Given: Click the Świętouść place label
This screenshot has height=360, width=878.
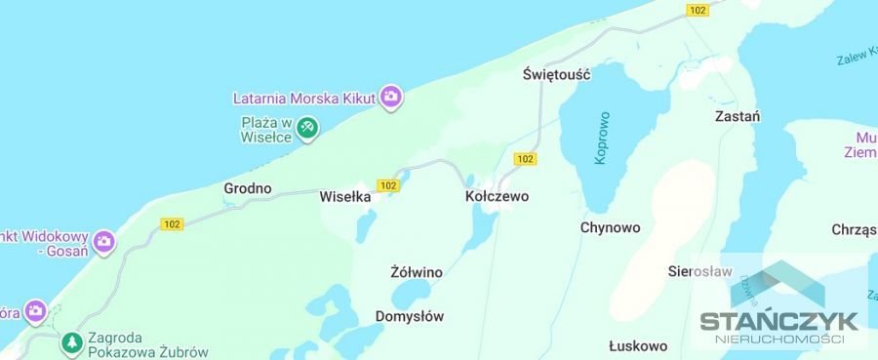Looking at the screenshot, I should coord(557,74).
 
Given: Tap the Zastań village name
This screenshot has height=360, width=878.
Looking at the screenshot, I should coord(737,115).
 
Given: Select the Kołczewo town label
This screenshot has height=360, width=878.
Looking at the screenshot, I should coord(498,196).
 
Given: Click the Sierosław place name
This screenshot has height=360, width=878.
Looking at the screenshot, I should coord(699,271).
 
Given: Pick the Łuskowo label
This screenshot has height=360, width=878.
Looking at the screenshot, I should coord(637,345).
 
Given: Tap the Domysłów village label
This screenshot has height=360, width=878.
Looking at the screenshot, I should coord(410,316).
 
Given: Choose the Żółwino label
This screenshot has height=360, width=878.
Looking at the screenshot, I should coord(417,272).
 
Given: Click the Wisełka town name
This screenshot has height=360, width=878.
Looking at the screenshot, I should coord(346,196).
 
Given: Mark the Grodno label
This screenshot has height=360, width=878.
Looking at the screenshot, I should coord(248,188).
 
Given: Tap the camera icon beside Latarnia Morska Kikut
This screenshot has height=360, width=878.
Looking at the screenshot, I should coord(391,97).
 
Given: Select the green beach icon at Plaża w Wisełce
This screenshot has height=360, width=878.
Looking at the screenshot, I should coord(307,128).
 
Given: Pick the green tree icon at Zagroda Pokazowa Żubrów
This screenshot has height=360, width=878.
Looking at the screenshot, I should coord(71,342).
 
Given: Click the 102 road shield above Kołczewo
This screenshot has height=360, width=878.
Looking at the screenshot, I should coord(524,159).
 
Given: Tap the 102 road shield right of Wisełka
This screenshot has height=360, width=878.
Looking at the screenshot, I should coord(389,185).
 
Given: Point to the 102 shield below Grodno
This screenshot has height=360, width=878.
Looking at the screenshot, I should coord(173,224).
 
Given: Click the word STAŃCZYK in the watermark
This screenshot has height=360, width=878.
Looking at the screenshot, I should coord(778,321).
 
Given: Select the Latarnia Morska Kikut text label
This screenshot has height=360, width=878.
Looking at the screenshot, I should coord(305,98).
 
